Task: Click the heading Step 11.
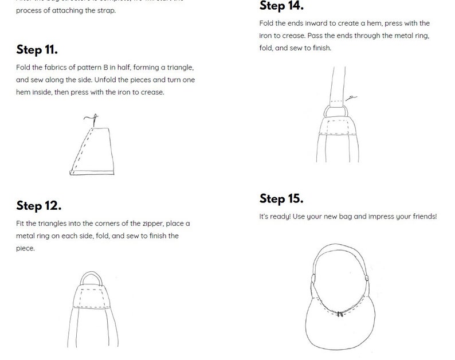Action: tap(37, 49)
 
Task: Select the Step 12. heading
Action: tap(38, 205)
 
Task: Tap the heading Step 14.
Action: tap(281, 6)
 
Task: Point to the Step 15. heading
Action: tap(281, 199)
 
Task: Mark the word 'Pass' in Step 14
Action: tap(315, 36)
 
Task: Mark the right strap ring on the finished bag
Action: tap(367, 278)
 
